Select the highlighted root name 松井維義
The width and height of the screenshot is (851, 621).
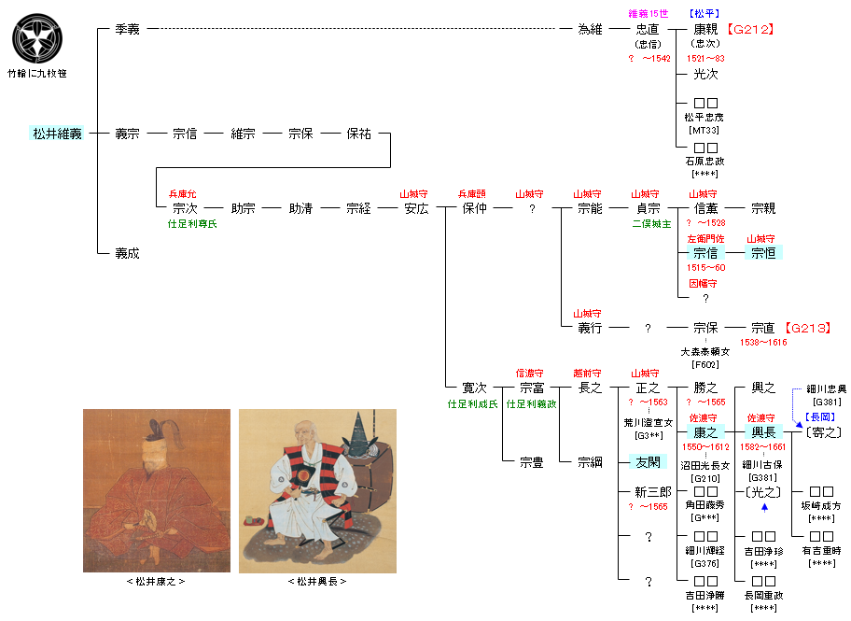(58, 134)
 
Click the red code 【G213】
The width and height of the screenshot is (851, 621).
(807, 329)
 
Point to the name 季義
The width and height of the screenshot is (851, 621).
(127, 30)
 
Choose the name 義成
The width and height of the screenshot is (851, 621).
(127, 253)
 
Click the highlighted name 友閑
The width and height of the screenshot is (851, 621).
(648, 462)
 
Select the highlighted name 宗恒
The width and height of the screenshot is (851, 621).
(763, 253)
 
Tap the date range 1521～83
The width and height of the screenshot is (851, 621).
(705, 59)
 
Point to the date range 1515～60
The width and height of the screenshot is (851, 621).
(705, 267)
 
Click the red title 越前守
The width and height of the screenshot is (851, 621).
(590, 373)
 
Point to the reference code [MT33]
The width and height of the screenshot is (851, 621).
(705, 130)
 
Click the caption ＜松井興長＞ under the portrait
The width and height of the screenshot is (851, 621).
(317, 582)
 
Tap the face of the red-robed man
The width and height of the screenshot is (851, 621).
(147, 459)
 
